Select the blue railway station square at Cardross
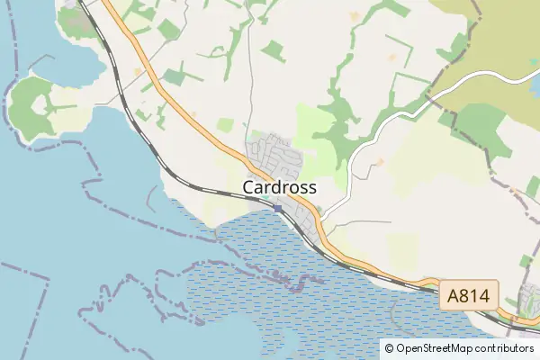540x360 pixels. click(x=278, y=209)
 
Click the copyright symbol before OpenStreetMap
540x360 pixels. click(x=389, y=348)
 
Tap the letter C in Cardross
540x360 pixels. click(x=249, y=188)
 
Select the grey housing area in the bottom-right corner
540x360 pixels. click(x=530, y=301)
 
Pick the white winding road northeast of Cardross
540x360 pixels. click(x=378, y=135)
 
